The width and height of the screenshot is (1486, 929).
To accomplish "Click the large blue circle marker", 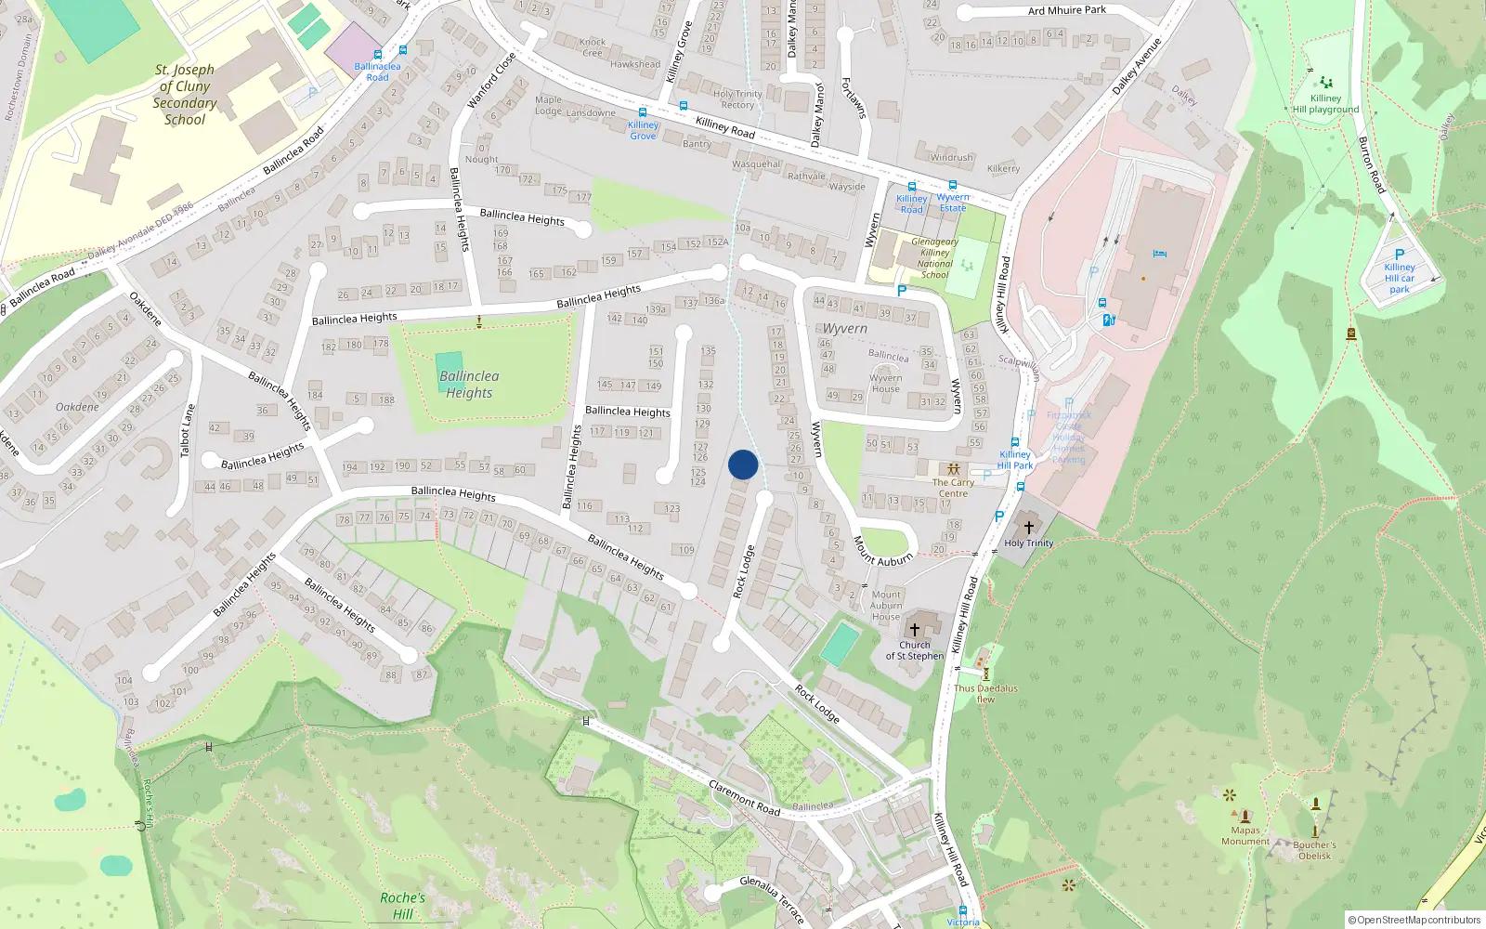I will (743, 464).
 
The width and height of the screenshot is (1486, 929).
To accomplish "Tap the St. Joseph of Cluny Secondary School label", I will (185, 95).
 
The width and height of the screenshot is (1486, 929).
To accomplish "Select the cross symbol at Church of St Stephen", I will (915, 629).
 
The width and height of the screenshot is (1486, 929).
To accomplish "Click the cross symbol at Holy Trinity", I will (1028, 528).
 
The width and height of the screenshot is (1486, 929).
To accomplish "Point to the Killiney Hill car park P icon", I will (1400, 255).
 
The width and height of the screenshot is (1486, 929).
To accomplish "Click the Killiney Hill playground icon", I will (1326, 83).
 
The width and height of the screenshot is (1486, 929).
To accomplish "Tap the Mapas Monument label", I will (1245, 836).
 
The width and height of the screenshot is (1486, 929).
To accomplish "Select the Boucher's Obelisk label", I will (1314, 850).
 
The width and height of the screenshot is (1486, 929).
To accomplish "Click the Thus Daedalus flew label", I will (985, 694).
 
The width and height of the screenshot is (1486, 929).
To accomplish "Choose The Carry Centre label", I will (953, 488).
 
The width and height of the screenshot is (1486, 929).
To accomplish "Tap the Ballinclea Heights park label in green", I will (469, 385).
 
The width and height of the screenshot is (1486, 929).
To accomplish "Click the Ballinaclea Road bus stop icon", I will (377, 55).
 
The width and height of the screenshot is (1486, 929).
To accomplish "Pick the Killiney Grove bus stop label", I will (643, 130).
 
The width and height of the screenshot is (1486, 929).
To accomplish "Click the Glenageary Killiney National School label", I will (934, 258).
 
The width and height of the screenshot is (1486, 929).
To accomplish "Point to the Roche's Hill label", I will (402, 906).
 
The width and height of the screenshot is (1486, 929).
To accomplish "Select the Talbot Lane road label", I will (189, 430).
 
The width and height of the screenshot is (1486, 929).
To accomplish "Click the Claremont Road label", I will (744, 798).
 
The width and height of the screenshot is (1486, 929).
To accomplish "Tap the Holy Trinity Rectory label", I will (737, 99).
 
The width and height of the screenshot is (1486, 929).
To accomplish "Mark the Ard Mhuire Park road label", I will (1067, 10).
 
